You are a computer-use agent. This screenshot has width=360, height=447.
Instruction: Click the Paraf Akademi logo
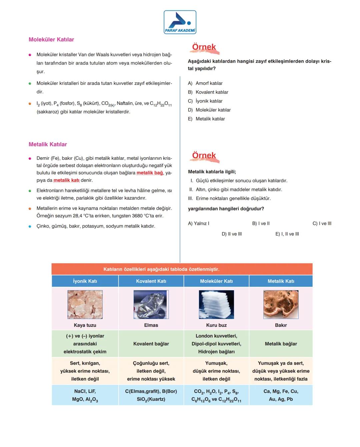point(180,22)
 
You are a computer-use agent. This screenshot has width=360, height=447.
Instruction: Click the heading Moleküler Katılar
point(51,40)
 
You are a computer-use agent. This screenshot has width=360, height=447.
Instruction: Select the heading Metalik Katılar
point(48,144)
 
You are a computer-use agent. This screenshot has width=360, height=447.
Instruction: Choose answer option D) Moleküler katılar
point(209,110)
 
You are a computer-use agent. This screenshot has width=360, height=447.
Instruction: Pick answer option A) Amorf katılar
point(205,83)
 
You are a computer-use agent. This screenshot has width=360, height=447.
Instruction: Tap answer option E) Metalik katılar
point(207,119)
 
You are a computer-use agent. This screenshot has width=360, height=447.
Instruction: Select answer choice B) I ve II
point(261,223)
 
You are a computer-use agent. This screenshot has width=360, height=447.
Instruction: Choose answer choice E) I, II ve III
point(287,234)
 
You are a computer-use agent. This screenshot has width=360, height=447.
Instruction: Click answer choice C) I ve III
point(322,223)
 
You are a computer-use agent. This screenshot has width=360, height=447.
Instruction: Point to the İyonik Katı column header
point(85,281)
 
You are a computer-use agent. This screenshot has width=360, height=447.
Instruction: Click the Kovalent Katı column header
point(151,281)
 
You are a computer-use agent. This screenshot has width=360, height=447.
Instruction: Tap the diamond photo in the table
point(151,304)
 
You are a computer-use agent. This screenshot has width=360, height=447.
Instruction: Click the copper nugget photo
point(281,304)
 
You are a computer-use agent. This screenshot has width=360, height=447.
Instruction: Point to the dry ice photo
point(216,304)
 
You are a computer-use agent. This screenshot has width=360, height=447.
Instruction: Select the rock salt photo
point(85,304)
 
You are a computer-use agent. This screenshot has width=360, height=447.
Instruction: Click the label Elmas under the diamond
point(151,325)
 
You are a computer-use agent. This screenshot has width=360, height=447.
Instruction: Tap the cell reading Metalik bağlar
point(281,344)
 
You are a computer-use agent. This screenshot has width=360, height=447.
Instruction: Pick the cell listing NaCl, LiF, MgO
point(85,395)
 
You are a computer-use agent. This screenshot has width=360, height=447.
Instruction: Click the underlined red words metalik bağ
point(150,173)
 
